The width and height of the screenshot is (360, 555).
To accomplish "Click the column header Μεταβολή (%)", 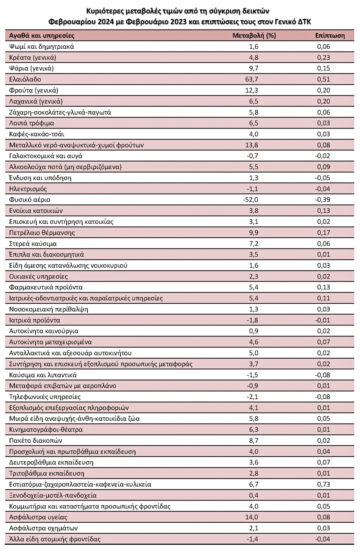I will pos(254,36).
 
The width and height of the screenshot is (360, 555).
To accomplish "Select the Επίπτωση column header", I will pos(330,36).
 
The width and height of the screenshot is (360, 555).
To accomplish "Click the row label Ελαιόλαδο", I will pos(25,79).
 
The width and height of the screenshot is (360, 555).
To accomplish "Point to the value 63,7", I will pos(254,79).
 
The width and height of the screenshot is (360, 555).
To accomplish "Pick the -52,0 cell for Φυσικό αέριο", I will pos(252,200).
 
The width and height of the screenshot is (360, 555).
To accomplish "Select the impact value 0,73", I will pos(324,484).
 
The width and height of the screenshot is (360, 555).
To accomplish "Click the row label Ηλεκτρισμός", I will pos(28,189).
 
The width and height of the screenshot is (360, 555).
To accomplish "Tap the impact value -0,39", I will pos(323,200).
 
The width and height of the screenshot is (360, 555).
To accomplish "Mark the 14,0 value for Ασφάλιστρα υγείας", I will pos(254,517).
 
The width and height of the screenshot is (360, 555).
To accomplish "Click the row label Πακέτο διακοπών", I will pos(36,440).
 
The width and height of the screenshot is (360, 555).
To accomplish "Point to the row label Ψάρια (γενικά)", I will pos(32,68).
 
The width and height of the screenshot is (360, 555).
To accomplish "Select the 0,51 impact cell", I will pos(324,79).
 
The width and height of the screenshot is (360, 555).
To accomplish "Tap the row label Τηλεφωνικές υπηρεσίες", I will pos(45,397).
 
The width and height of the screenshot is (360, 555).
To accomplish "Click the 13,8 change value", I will pos(254,145).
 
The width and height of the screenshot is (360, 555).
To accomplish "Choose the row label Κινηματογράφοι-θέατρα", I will pos(46,429).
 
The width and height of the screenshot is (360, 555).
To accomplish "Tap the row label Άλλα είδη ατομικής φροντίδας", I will pos(55,539).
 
